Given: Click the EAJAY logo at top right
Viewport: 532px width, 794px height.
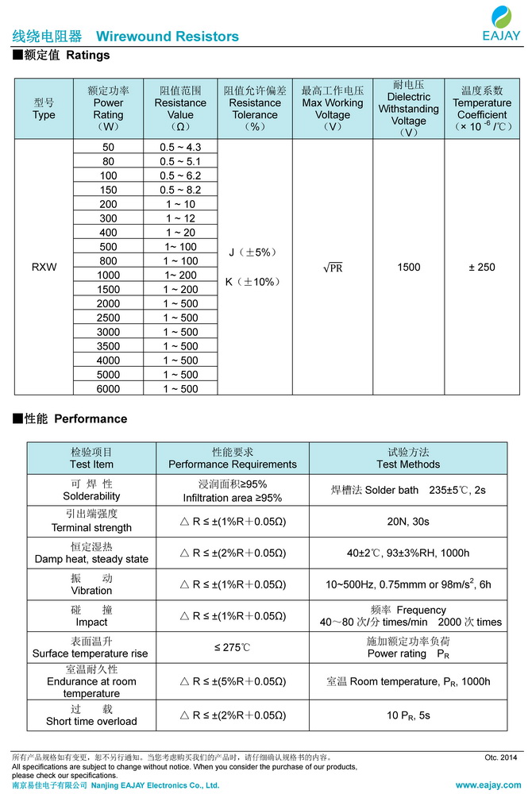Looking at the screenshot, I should tap(501, 23).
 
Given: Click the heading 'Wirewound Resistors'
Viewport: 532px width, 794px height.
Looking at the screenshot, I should tap(167, 37).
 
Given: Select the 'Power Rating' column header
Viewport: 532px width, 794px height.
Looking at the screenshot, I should tap(108, 109).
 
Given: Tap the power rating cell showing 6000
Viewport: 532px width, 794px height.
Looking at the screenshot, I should tap(108, 389).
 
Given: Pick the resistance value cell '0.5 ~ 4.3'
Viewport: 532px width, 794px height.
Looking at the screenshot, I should tap(180, 148).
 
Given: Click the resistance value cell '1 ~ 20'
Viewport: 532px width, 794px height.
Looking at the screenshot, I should tap(180, 233).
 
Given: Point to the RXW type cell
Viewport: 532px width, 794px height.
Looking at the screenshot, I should tap(44, 268).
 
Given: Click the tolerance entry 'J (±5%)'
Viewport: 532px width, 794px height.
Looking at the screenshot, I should tap(253, 252).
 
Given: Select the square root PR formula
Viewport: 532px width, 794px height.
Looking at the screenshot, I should tap(333, 268).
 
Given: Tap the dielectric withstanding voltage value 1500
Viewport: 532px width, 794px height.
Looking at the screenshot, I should tap(408, 268).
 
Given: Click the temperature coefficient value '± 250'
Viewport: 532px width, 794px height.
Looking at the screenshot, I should tap(482, 268).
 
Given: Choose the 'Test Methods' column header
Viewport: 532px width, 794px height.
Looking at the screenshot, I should tap(408, 458).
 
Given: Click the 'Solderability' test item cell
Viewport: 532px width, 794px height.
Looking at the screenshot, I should tap(92, 490).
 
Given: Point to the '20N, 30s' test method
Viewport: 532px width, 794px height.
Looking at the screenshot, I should tap(408, 521).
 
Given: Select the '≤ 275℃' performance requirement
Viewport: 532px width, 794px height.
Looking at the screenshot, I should tap(232, 647).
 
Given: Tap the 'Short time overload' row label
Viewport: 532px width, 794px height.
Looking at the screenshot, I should tap(92, 715).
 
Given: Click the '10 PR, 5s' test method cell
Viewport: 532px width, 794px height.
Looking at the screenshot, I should tap(408, 715).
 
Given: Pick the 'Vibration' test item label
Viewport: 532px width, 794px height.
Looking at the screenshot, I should tap(92, 584).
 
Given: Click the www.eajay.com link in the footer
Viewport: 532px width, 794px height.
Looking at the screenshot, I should tap(488, 784).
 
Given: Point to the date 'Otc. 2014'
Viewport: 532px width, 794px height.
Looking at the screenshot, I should tap(500, 757).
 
